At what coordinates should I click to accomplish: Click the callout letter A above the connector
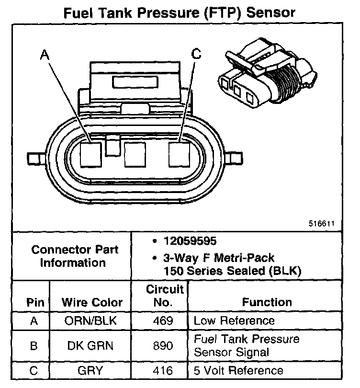[45, 56]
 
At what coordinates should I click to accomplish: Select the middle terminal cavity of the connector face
[135, 154]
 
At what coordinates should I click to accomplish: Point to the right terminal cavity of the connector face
[180, 154]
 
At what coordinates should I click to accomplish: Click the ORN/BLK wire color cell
[90, 320]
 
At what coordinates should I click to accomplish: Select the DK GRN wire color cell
[90, 345]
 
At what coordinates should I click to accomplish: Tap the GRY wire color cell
[90, 370]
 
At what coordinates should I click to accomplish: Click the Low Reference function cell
[234, 320]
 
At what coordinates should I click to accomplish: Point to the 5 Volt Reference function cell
[238, 370]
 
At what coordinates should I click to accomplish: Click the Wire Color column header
[92, 302]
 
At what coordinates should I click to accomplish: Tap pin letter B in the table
[34, 345]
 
